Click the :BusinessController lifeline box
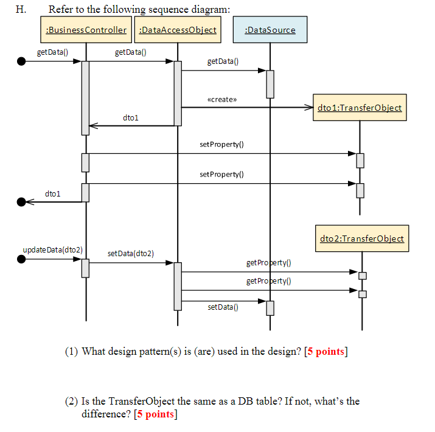pyautogui.click(x=86, y=30)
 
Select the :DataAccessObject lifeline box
pyautogui.click(x=178, y=30)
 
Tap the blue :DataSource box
pyautogui.click(x=270, y=30)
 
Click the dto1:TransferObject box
pyautogui.click(x=359, y=108)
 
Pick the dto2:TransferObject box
pyautogui.click(x=362, y=238)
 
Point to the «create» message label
pyautogui.click(x=222, y=99)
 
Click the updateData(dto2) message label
pyautogui.click(x=52, y=250)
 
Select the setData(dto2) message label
pyautogui.click(x=131, y=253)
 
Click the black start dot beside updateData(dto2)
pyautogui.click(x=21, y=259)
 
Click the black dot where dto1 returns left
pyautogui.click(x=21, y=201)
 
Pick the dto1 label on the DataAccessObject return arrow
pyautogui.click(x=130, y=117)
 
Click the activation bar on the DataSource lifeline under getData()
pyautogui.click(x=270, y=83)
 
